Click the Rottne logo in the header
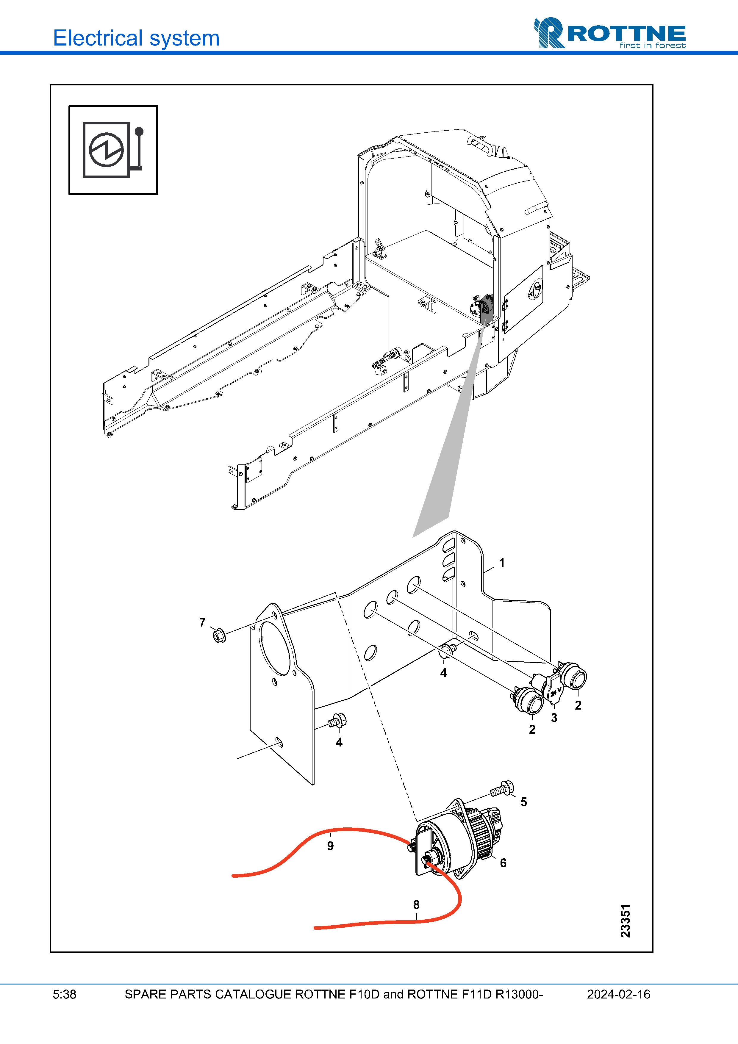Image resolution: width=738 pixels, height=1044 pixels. (610, 33)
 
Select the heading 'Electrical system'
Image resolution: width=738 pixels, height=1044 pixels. (136, 38)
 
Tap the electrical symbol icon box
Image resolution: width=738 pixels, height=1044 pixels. (113, 150)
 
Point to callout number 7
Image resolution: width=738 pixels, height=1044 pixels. (202, 622)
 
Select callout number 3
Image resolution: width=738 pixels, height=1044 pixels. (554, 718)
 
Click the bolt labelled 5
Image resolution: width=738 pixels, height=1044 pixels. (502, 788)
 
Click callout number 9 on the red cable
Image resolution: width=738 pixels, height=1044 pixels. (331, 846)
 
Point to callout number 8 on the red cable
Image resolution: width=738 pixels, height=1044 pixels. (416, 904)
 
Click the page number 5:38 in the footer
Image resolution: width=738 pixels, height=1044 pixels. (65, 994)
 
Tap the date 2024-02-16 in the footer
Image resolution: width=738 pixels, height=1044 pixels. (618, 994)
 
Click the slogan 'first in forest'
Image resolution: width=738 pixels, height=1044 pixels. (653, 46)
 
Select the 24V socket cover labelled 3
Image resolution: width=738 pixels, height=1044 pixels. (552, 689)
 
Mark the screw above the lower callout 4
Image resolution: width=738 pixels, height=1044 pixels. (337, 721)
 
